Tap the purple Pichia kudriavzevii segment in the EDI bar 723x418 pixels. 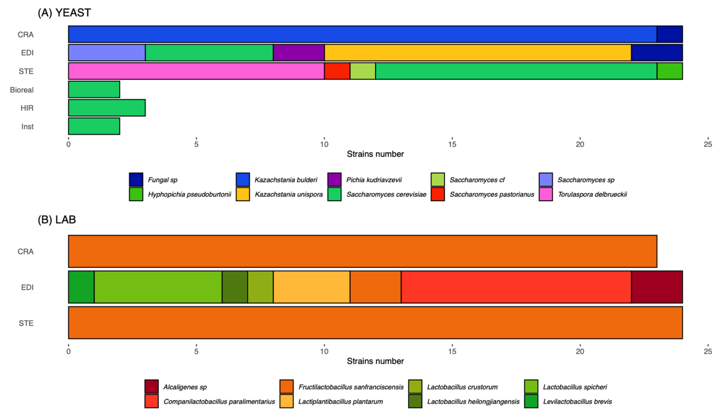coord(299,53)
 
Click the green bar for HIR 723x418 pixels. coord(107,108)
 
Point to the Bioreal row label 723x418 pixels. coord(22,90)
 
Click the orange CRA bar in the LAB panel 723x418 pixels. coord(362,251)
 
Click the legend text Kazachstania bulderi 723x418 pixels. coord(286,180)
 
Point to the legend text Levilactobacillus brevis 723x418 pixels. coord(577,401)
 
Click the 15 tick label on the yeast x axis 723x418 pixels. coord(452,144)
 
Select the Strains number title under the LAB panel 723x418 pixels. coord(375,361)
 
